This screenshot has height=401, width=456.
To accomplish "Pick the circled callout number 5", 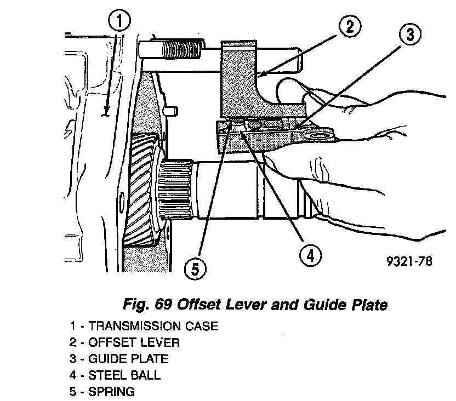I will (195, 269).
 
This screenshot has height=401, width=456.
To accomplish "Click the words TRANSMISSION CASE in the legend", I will (153, 326).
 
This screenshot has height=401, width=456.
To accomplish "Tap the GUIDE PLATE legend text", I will (128, 359).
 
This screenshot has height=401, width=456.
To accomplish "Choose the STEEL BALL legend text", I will (125, 375).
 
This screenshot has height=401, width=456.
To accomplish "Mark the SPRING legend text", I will (111, 392).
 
